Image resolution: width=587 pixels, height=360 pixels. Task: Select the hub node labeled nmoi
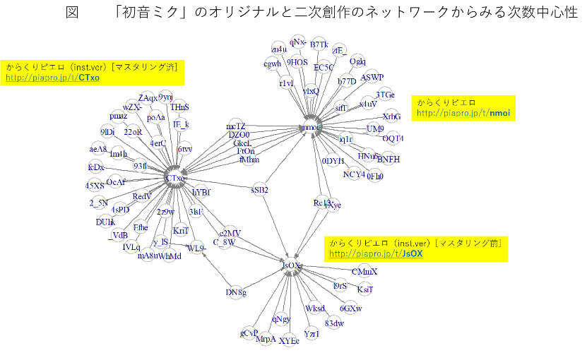coord(311,128)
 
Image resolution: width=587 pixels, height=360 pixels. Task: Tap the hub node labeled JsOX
coord(291,266)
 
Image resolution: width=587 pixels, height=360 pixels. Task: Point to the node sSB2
coord(260,189)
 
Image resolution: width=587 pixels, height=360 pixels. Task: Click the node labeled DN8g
coord(236,292)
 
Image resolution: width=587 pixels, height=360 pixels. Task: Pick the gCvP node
coord(249,332)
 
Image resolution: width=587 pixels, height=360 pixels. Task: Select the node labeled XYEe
coord(290,340)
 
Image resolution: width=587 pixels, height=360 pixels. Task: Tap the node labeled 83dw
coord(334,323)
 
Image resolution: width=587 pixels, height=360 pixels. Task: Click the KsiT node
coord(365,289)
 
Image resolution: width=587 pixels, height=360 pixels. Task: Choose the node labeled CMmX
coord(364,272)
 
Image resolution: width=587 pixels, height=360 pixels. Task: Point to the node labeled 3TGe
coord(385,95)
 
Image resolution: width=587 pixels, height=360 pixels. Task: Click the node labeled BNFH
coord(388,159)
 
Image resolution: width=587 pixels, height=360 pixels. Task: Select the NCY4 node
coord(354,174)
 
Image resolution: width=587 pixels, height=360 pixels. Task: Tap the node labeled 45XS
coord(95,185)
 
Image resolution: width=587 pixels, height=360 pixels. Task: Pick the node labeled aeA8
coord(98,149)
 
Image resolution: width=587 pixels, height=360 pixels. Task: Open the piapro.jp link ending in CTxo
coord(52,77)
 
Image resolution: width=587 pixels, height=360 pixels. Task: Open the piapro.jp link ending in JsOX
coord(376,253)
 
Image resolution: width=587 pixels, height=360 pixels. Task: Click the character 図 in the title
coord(71,13)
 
